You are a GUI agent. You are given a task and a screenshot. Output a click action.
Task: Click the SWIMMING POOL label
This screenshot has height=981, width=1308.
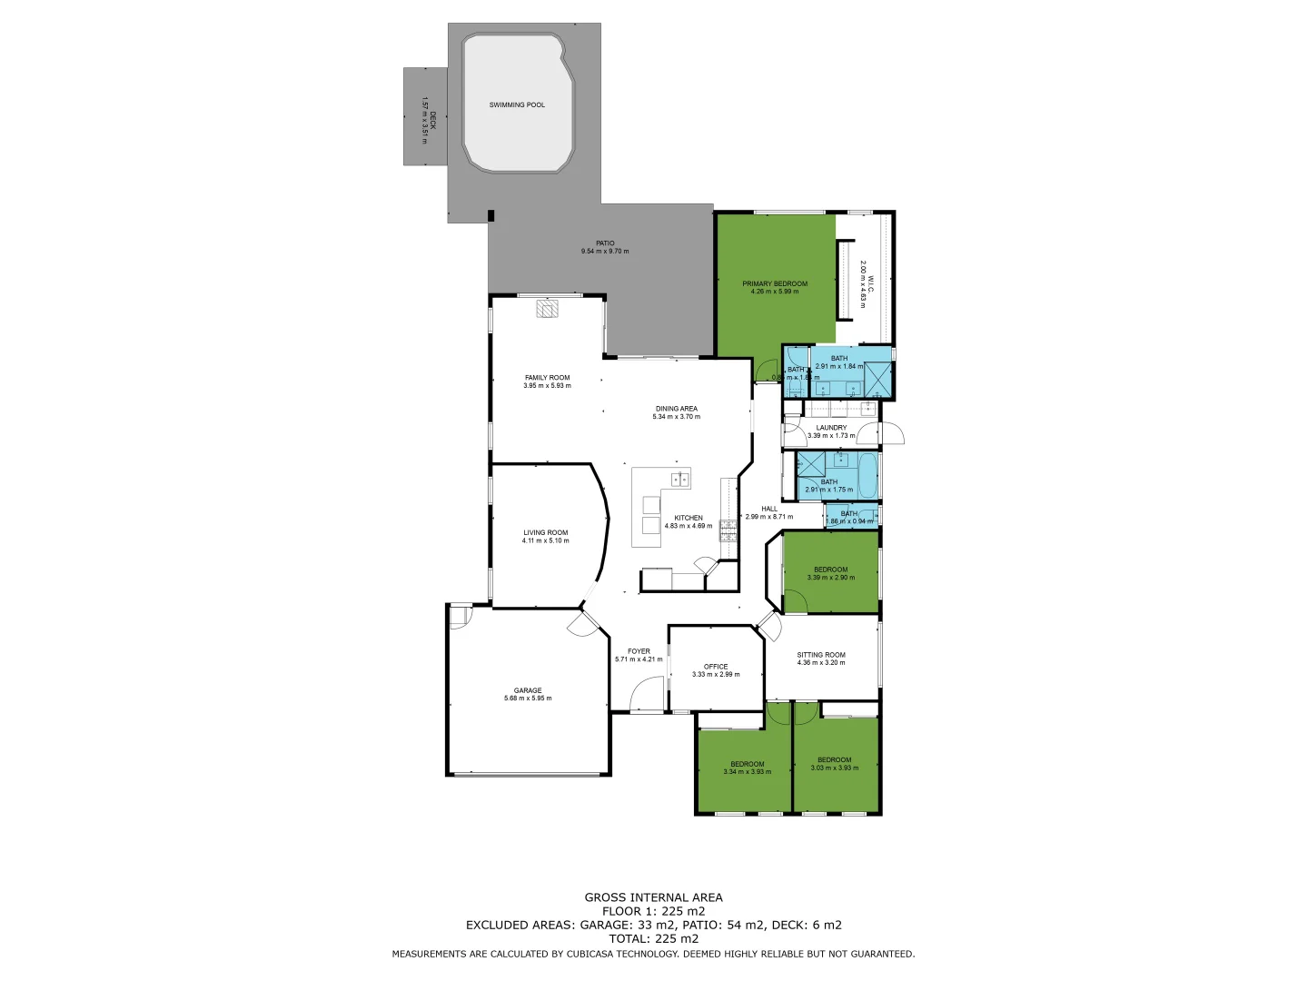click(x=517, y=105)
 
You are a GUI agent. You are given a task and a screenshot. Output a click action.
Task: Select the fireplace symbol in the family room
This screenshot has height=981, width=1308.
click(x=547, y=310)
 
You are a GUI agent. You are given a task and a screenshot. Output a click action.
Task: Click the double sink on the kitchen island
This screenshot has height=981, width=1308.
click(x=680, y=479)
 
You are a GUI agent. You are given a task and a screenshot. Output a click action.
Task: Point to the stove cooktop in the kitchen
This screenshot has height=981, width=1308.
click(x=728, y=530)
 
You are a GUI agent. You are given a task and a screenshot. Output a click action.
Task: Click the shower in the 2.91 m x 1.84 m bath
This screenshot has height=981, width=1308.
click(x=877, y=376)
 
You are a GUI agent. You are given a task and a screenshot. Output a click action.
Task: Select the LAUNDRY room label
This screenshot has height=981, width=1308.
click(x=831, y=428)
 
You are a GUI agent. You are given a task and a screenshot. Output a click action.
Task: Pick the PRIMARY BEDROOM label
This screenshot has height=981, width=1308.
click(x=775, y=283)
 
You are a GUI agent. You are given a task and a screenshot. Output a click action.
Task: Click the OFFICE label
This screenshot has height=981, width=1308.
click(x=716, y=667)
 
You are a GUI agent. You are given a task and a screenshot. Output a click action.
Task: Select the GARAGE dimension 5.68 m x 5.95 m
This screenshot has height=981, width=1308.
click(x=528, y=699)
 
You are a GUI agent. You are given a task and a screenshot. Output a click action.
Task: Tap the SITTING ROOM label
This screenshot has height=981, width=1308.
click(x=821, y=655)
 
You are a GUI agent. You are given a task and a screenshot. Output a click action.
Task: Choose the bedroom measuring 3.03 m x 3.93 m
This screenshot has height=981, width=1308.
click(x=834, y=763)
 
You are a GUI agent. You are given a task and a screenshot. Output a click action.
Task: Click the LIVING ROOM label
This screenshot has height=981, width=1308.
click(x=545, y=533)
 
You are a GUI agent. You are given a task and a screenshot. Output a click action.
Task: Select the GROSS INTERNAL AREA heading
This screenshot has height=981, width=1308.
click(x=653, y=897)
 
